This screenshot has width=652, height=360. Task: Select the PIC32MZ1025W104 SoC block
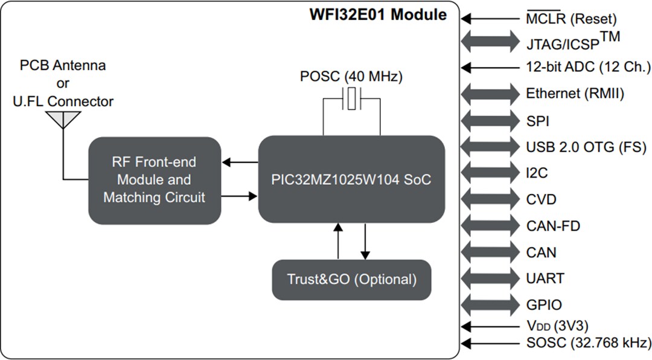click(x=351, y=180)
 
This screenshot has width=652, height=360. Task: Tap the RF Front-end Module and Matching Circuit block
click(x=154, y=180)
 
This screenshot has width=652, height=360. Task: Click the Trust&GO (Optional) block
click(x=351, y=280)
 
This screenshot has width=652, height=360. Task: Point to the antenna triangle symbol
click(x=63, y=120)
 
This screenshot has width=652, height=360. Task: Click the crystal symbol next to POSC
click(x=351, y=98)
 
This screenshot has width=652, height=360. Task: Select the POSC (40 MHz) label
click(x=351, y=77)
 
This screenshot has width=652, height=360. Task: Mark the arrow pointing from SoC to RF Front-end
click(x=240, y=162)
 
